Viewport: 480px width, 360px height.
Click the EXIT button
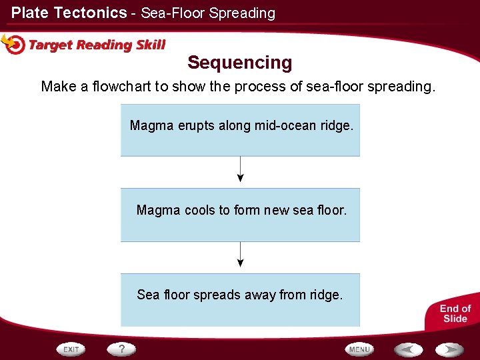[x=71, y=349]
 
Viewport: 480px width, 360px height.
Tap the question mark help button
[x=122, y=349]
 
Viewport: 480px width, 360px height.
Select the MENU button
[x=359, y=349]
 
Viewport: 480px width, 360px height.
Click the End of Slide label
[x=455, y=313]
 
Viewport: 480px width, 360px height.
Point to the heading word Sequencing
[x=240, y=63]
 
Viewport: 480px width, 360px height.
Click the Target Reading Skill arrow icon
[x=13, y=44]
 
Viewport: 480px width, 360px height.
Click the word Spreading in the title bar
[x=241, y=13]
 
